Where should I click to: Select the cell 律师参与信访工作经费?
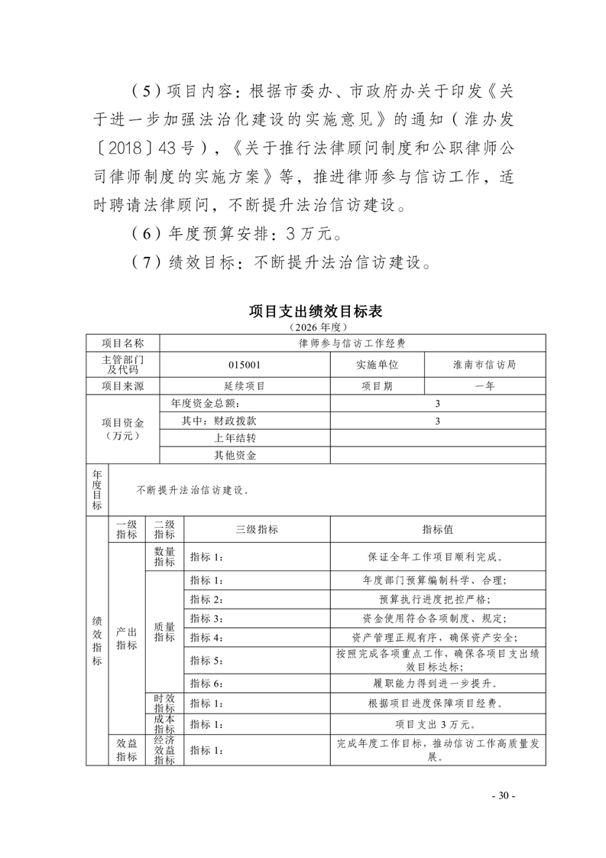point(352,343)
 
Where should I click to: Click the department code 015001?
point(245,365)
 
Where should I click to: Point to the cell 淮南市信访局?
point(484,365)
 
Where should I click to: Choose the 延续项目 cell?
point(245,386)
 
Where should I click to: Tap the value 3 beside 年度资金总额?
point(437,403)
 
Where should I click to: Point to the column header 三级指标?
point(257,529)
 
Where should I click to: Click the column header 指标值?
point(437,529)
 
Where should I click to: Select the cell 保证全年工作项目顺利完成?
point(437,557)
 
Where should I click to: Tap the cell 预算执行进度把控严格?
point(437,599)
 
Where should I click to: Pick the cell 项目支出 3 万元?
point(437,723)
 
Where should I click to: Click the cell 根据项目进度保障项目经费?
point(437,704)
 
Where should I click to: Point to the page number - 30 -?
point(504,795)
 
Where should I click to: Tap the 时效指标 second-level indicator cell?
point(164,704)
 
